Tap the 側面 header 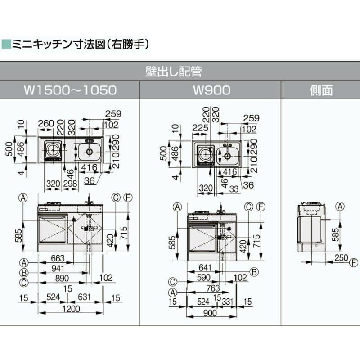321,90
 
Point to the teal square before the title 6,44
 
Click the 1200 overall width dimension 71,309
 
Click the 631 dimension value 85,297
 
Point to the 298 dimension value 70,183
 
